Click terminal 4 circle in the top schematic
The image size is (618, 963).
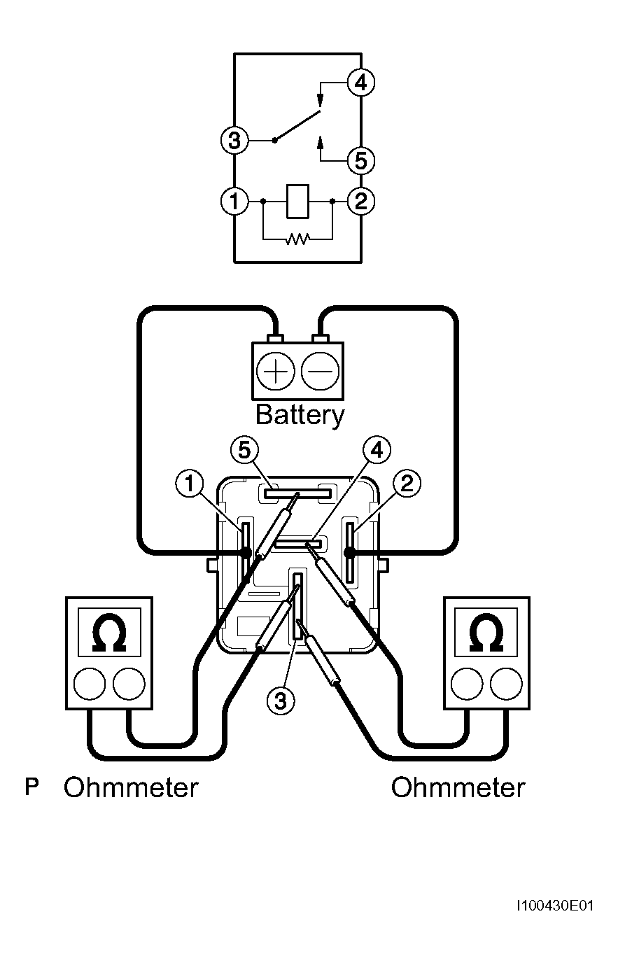coord(361,82)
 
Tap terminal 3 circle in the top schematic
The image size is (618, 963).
coord(234,141)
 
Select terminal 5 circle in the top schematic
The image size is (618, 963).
coord(361,161)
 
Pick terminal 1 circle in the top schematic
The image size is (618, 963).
coord(234,201)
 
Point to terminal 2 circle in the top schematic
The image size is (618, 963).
coord(361,201)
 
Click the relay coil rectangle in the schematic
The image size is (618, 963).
coord(297,201)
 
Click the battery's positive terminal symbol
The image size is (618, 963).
coord(275,371)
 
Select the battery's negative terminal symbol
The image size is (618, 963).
coord(321,371)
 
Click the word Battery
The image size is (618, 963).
coord(300,415)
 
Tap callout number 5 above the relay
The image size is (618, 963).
coord(244,450)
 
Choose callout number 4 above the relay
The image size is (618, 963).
coord(377,450)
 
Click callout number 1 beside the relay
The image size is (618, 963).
coord(189,484)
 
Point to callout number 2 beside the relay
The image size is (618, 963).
coord(407,484)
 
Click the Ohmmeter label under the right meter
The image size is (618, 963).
coord(458,788)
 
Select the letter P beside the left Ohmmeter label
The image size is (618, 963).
coord(31,787)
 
